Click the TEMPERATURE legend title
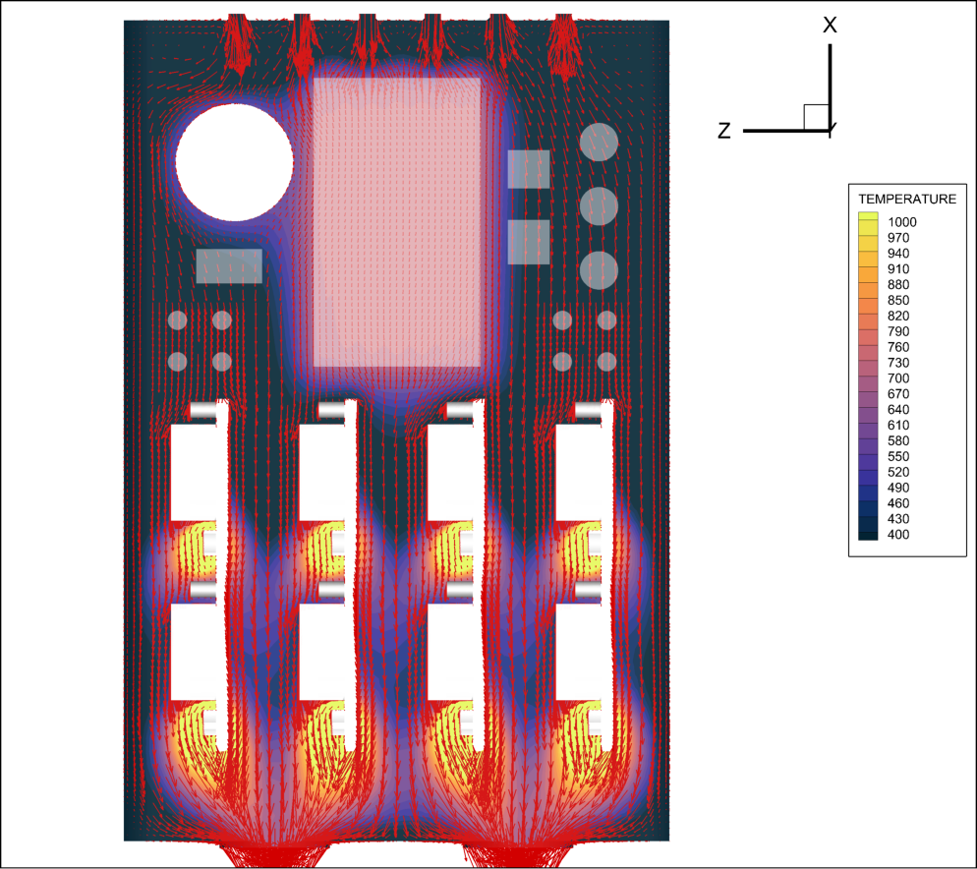(907, 199)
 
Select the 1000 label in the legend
(902, 222)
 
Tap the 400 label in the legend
(898, 534)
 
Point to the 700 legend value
(898, 378)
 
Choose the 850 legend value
(898, 300)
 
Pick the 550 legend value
(898, 456)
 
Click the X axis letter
(830, 25)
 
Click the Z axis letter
(724, 131)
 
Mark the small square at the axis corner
(816, 117)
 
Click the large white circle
(234, 162)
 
